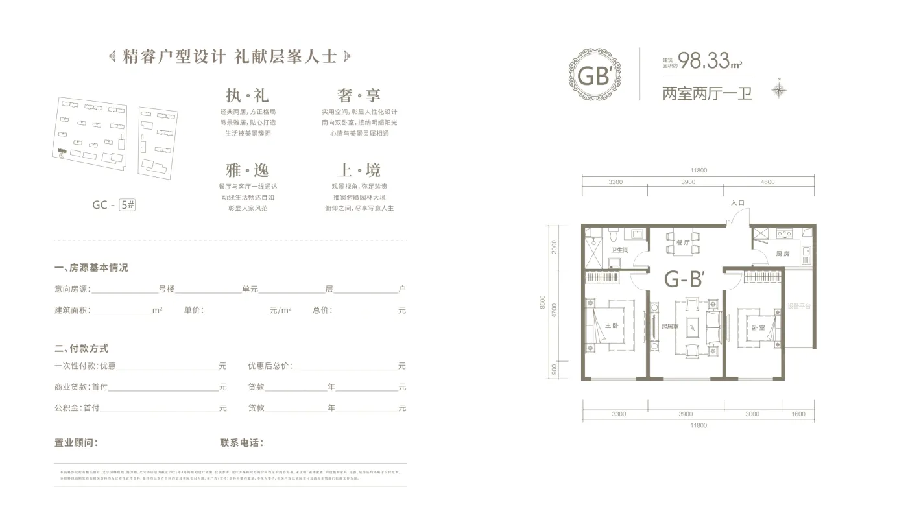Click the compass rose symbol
click(x=780, y=88)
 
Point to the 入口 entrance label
click(x=737, y=203)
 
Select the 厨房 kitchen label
click(x=782, y=254)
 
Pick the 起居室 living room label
click(x=670, y=327)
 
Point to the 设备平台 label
click(x=800, y=306)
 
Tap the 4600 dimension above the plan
click(x=767, y=182)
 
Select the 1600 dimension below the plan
click(x=798, y=414)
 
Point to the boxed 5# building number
click(x=128, y=205)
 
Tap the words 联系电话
click(x=241, y=443)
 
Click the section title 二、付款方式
click(x=82, y=349)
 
